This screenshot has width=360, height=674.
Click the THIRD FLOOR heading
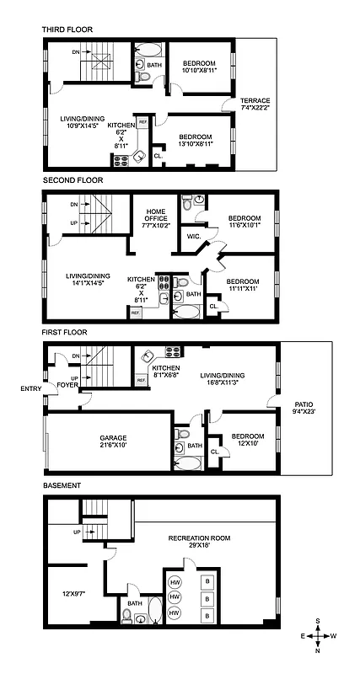click(67, 29)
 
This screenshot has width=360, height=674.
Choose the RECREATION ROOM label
click(199, 538)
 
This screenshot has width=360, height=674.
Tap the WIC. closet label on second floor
click(192, 237)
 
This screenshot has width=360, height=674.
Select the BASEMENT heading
click(62, 486)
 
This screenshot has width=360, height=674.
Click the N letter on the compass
click(319, 650)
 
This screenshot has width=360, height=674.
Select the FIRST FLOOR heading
click(66, 333)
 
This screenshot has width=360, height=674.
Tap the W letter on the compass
click(334, 636)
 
